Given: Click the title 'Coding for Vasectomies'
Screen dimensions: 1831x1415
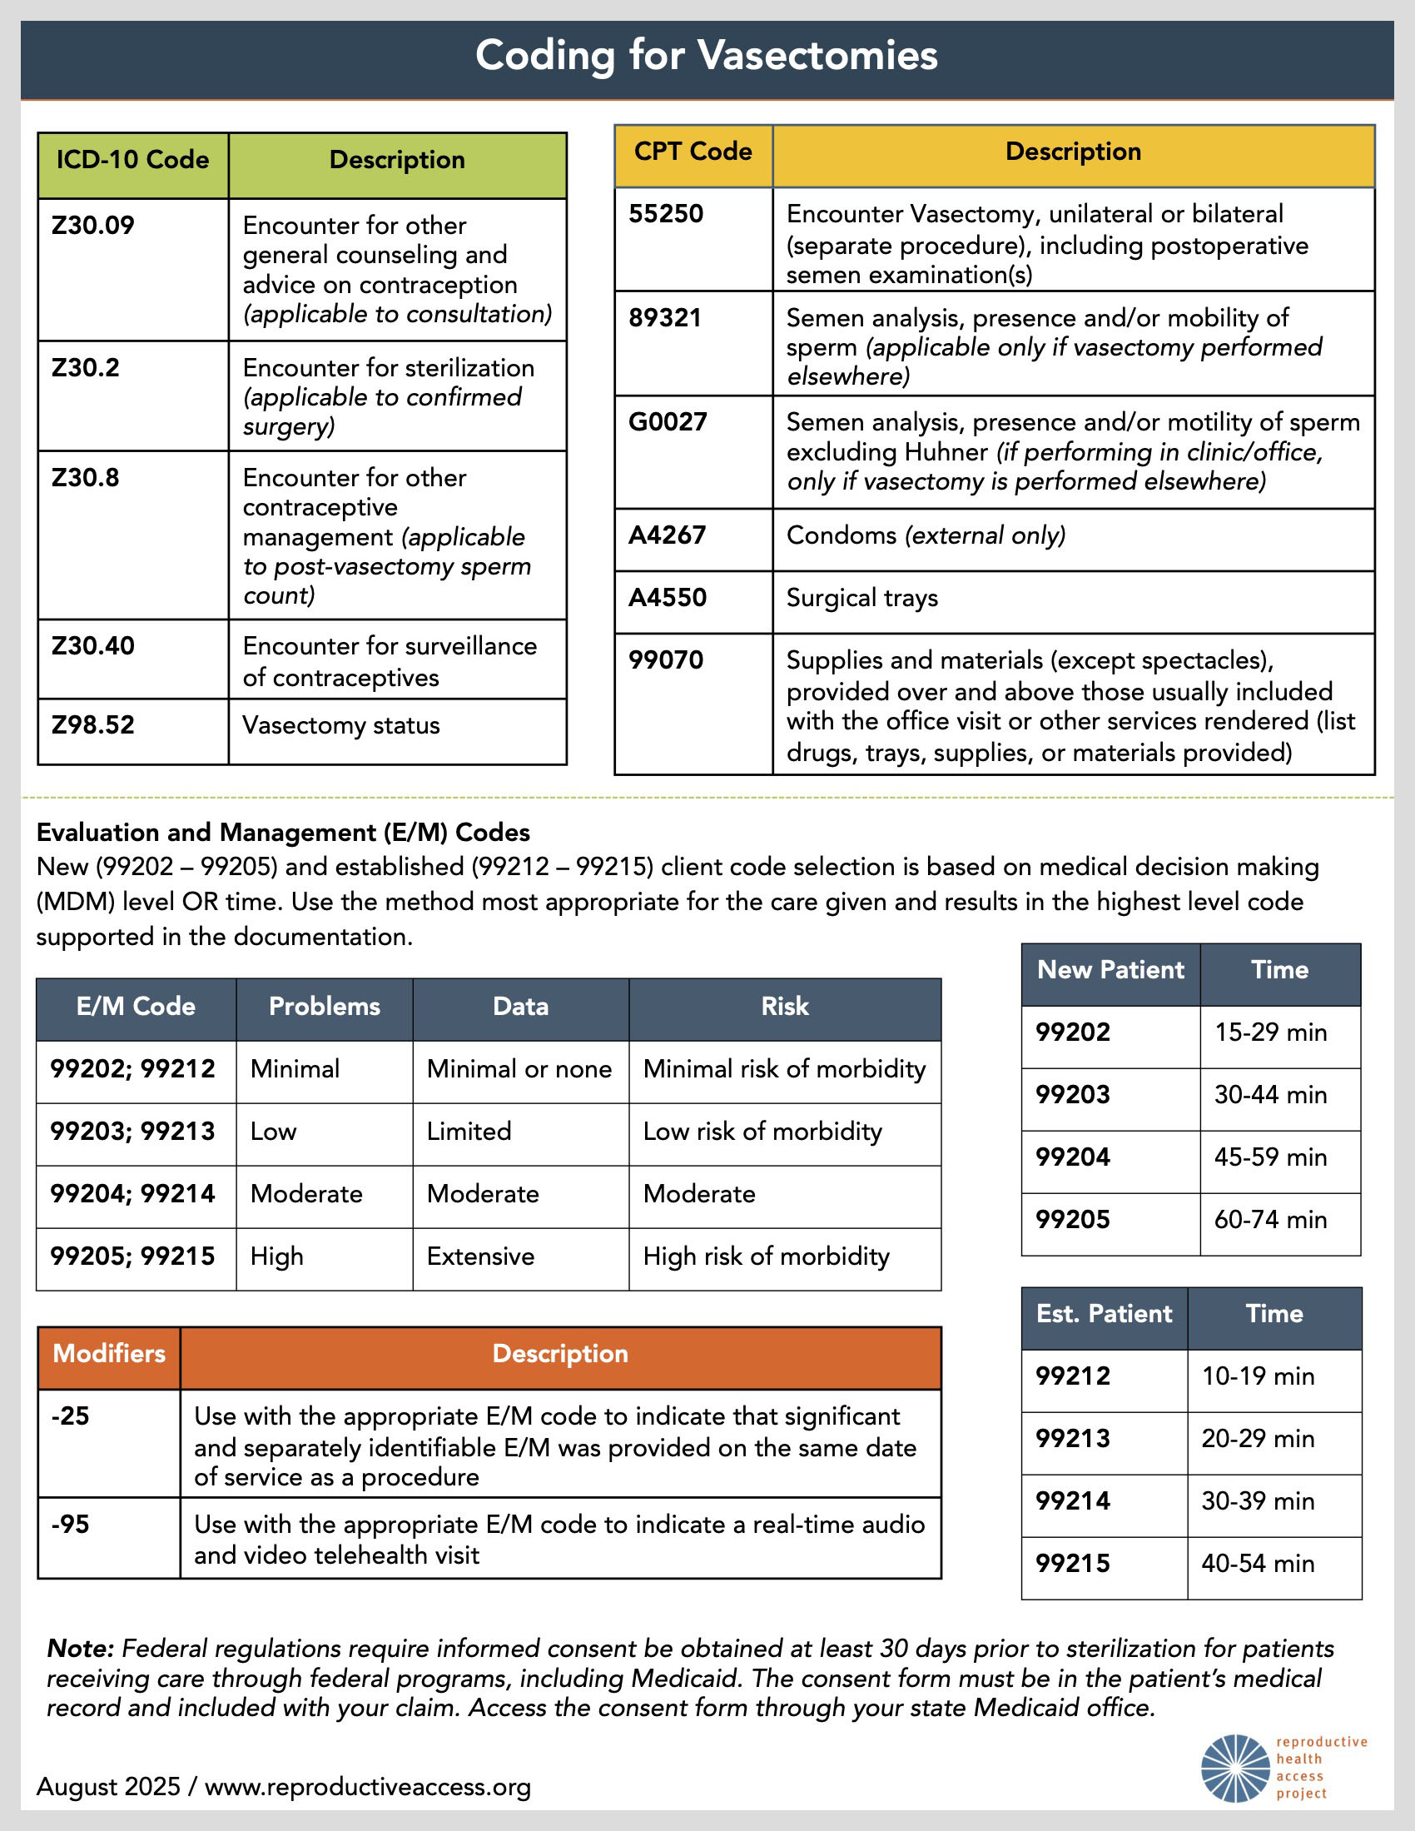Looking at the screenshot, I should click(706, 55).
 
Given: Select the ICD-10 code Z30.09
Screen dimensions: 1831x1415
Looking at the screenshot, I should click(93, 226).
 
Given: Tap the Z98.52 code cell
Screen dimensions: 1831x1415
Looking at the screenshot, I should click(93, 725).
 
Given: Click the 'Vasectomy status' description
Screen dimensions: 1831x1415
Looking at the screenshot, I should click(340, 725).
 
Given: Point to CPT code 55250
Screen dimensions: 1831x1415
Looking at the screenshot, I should click(667, 214).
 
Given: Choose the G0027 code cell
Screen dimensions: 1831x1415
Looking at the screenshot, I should click(668, 421).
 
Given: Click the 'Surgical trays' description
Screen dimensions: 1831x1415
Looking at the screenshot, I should click(861, 598).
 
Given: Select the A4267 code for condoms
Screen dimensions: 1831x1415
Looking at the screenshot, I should click(668, 535).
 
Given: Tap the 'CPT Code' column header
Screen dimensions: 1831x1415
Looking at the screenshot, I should click(693, 152).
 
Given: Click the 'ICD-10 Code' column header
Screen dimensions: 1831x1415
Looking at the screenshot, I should click(132, 160).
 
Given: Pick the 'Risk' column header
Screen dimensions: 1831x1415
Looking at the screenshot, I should click(785, 1006).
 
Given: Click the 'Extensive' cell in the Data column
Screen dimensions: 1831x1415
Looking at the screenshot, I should click(480, 1256).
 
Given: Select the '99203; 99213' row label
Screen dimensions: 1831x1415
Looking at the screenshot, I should click(132, 1131).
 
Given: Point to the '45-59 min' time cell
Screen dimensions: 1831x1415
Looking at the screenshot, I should click(1270, 1157).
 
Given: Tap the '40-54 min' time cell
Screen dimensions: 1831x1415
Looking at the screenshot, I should click(1258, 1563).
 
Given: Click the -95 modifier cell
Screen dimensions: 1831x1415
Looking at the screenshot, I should click(71, 1524).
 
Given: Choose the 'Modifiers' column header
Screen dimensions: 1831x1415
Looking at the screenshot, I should click(109, 1353).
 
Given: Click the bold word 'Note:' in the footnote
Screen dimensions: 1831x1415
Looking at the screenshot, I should click(81, 1649).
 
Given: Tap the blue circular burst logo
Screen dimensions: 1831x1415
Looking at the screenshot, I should click(1235, 1767).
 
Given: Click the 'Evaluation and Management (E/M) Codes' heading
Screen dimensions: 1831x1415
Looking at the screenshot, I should click(283, 832).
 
